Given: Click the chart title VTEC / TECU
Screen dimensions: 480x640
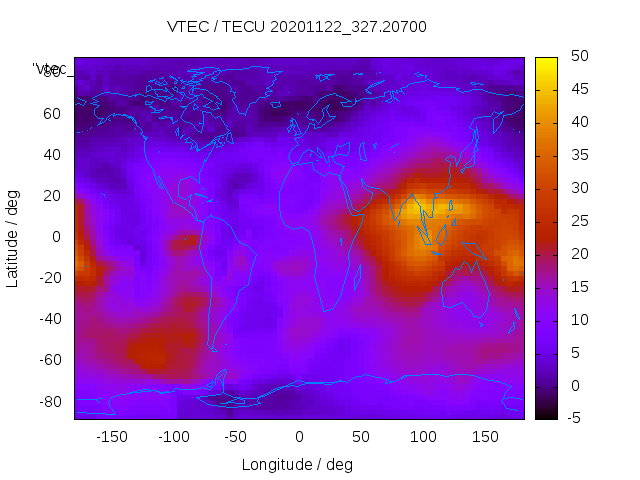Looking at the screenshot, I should (x=296, y=27).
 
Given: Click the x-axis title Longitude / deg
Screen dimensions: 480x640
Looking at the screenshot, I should (x=297, y=465).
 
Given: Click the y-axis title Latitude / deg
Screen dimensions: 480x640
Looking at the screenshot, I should (x=13, y=237).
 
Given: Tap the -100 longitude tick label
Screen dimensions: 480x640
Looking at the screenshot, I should (x=174, y=437).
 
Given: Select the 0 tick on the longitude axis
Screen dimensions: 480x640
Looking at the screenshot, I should (x=298, y=437).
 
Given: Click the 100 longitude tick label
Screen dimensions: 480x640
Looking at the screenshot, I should (x=423, y=437).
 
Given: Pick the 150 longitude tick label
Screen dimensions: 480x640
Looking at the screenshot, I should (x=485, y=437).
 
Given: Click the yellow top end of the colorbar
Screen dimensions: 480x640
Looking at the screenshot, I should (x=546, y=63).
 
